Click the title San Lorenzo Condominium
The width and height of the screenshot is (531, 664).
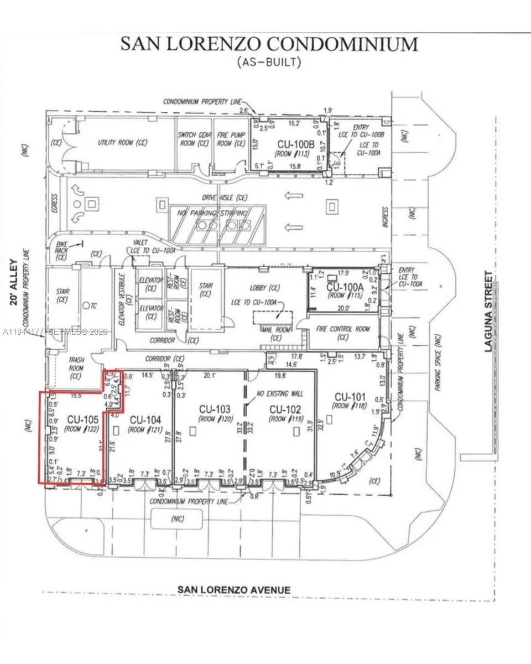(x=269, y=44)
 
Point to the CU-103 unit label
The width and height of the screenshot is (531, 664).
(x=214, y=409)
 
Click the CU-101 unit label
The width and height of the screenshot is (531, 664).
(x=351, y=397)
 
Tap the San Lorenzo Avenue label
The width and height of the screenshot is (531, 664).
(x=233, y=590)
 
